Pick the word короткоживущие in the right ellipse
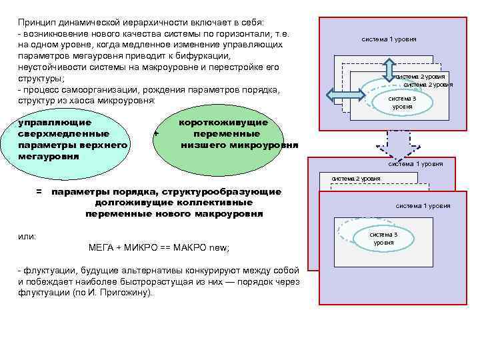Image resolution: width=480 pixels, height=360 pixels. click(223, 123)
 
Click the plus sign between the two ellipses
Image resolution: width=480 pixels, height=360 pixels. click(155, 133)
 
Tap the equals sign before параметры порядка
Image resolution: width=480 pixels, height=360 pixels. click(39, 192)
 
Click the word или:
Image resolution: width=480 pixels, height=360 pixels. click(27, 237)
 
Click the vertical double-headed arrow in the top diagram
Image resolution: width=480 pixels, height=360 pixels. click(391, 69)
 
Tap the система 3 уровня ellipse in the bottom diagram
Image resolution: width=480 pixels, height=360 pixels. click(383, 238)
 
